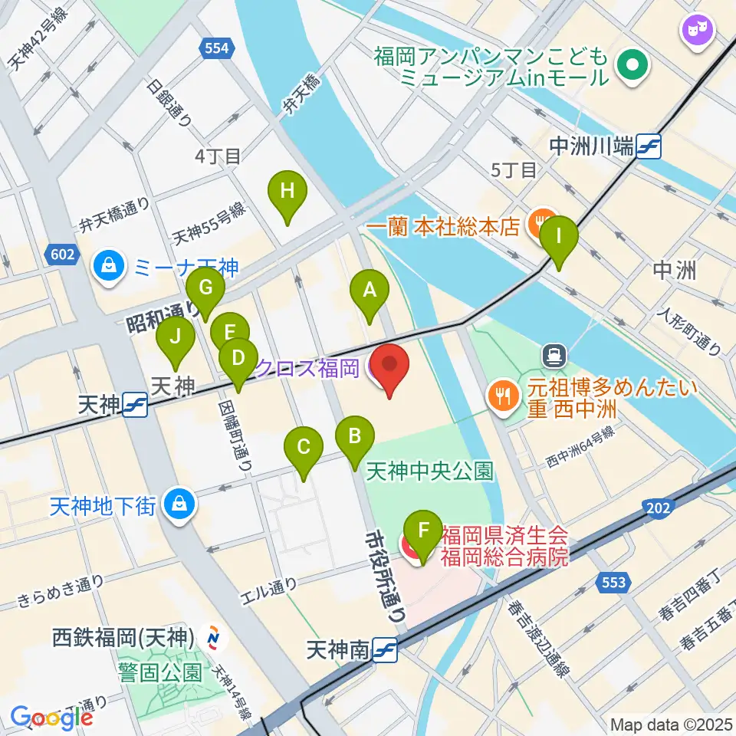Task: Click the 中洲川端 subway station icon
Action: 649,145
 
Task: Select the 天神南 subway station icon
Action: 385,650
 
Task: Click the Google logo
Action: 51,718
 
